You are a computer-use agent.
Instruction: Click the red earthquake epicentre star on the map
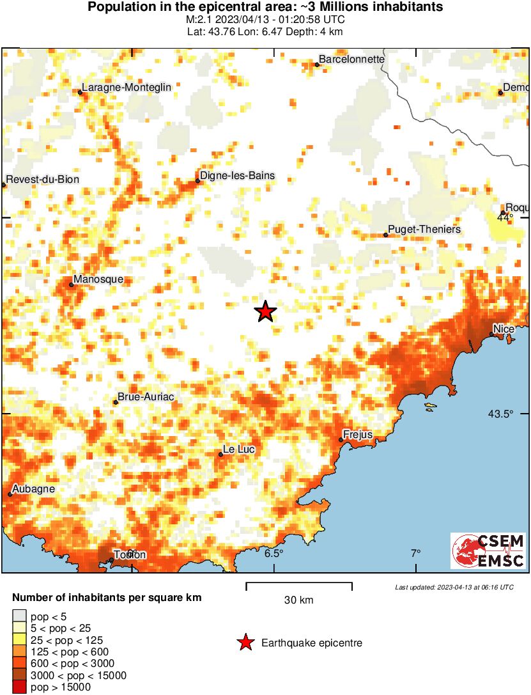coord(265,311)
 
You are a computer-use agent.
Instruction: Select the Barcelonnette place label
coord(351,59)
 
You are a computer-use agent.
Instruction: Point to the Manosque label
coord(98,279)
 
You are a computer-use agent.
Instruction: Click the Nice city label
coord(504,329)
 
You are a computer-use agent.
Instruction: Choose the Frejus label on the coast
coord(358,435)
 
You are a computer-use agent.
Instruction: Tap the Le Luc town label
coord(239,449)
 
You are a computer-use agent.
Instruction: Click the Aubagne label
coord(32,489)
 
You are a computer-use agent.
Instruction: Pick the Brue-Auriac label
coord(146,397)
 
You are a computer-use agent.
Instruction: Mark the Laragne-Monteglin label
coord(127,88)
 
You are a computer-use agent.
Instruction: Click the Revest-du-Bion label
coord(42,179)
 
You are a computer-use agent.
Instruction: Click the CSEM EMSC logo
coord(488,551)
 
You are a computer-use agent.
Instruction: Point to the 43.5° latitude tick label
coord(501,414)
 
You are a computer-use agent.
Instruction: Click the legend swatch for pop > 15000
coord(19,687)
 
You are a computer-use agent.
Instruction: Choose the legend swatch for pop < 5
coord(19,617)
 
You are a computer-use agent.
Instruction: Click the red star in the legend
coord(245,643)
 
